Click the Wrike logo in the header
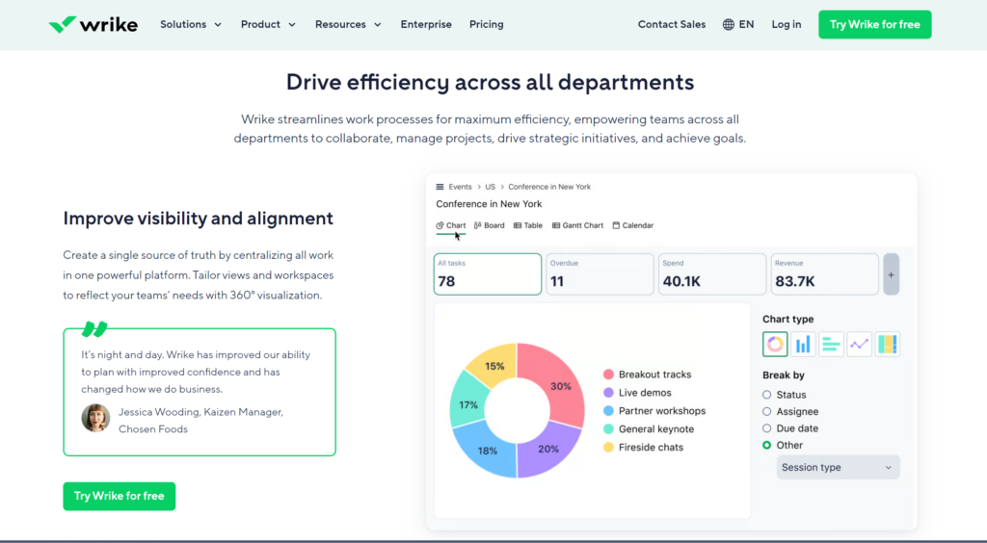(x=93, y=24)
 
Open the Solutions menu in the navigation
(x=191, y=24)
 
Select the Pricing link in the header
(x=486, y=24)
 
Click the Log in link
(x=786, y=24)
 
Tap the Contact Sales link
(x=671, y=24)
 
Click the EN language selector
(x=738, y=24)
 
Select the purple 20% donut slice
(x=547, y=450)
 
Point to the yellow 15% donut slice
(x=492, y=365)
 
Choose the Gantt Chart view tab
(x=577, y=225)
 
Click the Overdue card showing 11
(x=600, y=273)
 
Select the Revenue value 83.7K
(x=795, y=281)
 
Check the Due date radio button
(x=767, y=428)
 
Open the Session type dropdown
(x=838, y=468)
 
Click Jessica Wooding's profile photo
(x=95, y=418)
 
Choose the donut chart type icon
(x=775, y=344)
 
